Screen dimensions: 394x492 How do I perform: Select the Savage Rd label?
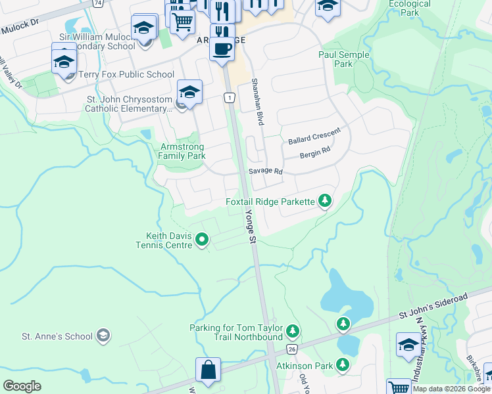click(265, 171)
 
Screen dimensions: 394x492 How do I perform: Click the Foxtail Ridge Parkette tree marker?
click(324, 201)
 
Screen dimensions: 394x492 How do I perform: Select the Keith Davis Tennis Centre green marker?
click(202, 240)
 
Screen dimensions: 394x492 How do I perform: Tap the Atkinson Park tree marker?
click(342, 364)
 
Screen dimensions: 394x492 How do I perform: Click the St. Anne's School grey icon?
click(103, 336)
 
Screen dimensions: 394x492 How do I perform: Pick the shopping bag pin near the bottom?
click(208, 370)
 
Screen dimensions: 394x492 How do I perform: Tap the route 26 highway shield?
click(292, 349)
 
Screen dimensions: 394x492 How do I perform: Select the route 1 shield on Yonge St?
click(229, 97)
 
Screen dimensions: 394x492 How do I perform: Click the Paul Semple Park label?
click(343, 60)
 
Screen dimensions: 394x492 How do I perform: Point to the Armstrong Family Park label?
click(182, 151)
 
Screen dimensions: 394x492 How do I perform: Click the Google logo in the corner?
click(22, 386)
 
